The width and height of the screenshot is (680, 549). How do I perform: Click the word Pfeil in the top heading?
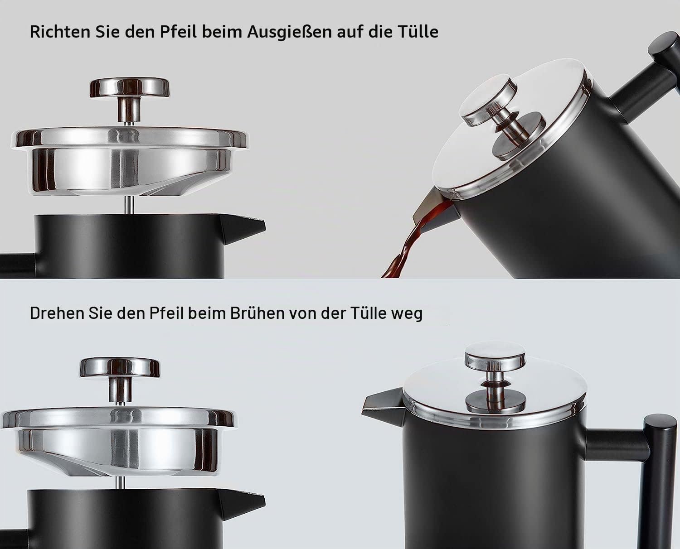178,32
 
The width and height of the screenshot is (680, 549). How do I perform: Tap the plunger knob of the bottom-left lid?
119,367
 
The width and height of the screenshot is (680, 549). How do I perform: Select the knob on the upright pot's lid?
495,354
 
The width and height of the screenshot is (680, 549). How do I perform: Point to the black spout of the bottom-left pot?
242,503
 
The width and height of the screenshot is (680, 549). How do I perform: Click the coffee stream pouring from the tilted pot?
412,242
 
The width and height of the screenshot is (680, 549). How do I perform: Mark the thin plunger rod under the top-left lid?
129,204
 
